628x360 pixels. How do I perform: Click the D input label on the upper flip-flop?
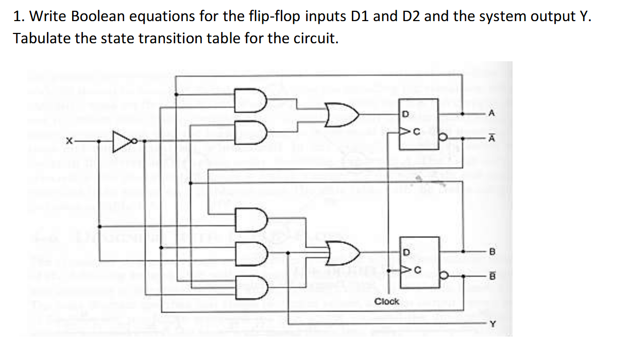coord(405,113)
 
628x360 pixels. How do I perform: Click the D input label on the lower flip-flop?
coord(406,252)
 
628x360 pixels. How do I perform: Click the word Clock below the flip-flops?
coord(386,301)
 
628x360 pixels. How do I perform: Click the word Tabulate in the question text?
coord(42,38)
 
